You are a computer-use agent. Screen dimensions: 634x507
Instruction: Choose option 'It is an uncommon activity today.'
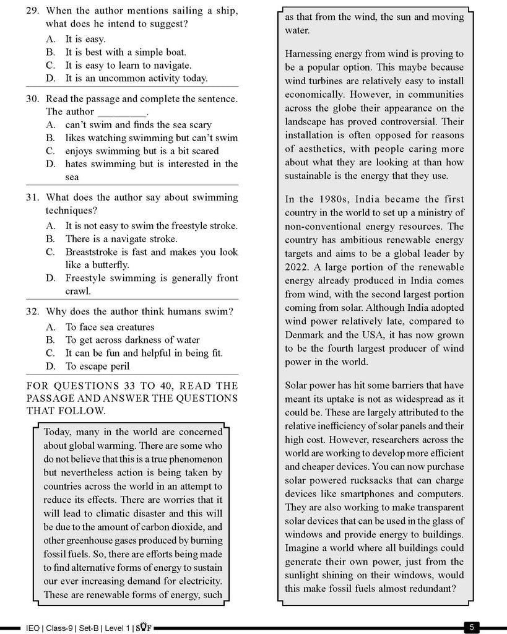pyautogui.click(x=136, y=78)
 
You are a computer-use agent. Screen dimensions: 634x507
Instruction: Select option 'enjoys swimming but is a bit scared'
pyautogui.click(x=142, y=150)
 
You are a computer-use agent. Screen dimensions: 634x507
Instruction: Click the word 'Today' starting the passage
pyautogui.click(x=58, y=432)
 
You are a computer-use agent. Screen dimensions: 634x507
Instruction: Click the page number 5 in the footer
pyautogui.click(x=472, y=627)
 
